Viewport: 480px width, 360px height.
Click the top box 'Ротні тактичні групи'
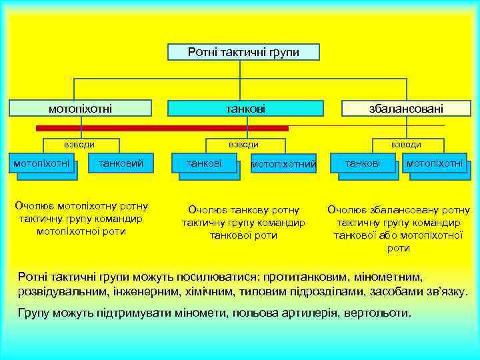click(243, 52)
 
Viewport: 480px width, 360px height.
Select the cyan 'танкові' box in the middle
click(245, 108)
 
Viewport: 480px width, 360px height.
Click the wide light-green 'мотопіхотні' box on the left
click(81, 108)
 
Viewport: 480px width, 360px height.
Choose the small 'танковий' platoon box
click(120, 163)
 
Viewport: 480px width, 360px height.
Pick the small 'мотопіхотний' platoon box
click(283, 164)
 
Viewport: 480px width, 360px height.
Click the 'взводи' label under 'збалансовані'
click(406, 144)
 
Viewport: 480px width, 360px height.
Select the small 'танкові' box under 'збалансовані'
click(363, 163)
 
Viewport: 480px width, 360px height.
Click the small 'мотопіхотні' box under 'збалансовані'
click(435, 163)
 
